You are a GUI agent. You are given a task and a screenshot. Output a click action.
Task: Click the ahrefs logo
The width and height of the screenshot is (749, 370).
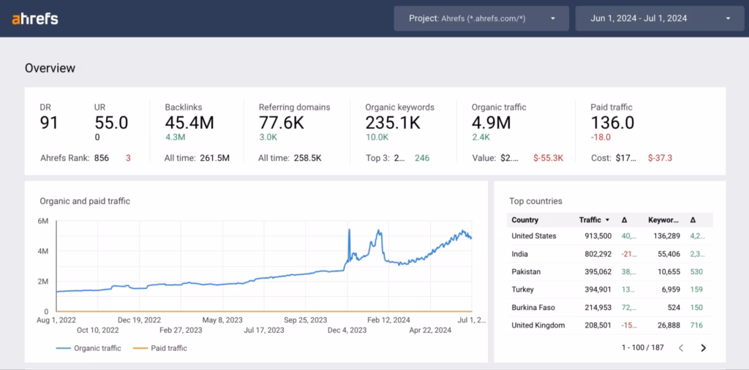(35, 19)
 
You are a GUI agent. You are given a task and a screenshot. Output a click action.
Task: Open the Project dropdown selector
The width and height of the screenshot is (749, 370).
(481, 18)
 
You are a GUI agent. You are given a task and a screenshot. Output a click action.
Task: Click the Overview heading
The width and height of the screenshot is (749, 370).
(50, 68)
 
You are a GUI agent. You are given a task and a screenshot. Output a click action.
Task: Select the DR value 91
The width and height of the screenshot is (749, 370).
(49, 123)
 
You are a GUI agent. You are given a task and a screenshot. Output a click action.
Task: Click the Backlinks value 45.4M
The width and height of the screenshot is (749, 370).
(189, 123)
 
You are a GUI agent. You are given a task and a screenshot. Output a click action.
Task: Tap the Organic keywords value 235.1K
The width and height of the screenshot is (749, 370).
(393, 123)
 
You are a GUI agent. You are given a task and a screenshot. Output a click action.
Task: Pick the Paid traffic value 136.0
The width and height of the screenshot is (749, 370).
(612, 123)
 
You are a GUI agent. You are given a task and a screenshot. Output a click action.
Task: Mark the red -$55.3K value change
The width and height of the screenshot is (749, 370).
(548, 158)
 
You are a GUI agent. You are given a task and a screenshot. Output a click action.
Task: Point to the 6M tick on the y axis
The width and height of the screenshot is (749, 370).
(43, 221)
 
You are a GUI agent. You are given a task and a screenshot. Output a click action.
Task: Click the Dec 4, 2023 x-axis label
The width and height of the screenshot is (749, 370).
(347, 330)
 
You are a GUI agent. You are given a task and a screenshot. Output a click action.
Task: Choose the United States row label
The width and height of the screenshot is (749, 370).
(534, 236)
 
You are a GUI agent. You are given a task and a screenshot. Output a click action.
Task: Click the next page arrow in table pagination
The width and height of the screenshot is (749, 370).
(704, 347)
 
